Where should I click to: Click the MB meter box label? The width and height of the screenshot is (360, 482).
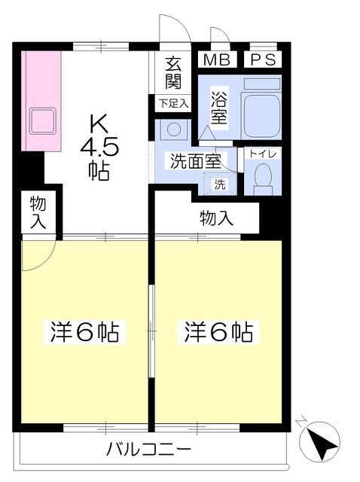(x=217, y=60)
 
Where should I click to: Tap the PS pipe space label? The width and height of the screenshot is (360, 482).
(x=263, y=60)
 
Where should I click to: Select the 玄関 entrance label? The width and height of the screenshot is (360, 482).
(x=173, y=72)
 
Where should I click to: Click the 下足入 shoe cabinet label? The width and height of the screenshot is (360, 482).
(x=173, y=103)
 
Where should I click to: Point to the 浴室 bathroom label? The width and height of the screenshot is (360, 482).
(x=219, y=108)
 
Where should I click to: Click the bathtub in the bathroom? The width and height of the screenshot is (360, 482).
(x=261, y=117)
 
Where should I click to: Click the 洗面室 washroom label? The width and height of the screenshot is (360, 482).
(x=196, y=160)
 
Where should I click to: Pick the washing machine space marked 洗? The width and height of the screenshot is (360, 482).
(x=220, y=184)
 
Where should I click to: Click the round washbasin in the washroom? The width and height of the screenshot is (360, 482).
(x=174, y=129)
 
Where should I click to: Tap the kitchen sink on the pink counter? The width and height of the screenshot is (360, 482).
(x=42, y=120)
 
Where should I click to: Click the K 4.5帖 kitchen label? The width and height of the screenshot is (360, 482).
(x=99, y=147)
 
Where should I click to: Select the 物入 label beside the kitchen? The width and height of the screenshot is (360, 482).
(x=38, y=213)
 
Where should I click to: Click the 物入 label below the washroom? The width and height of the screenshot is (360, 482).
(x=217, y=218)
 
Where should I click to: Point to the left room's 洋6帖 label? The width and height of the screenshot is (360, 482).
(x=84, y=332)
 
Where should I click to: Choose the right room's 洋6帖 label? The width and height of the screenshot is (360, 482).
(x=218, y=332)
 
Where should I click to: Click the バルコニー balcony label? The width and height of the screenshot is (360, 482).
(x=148, y=450)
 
